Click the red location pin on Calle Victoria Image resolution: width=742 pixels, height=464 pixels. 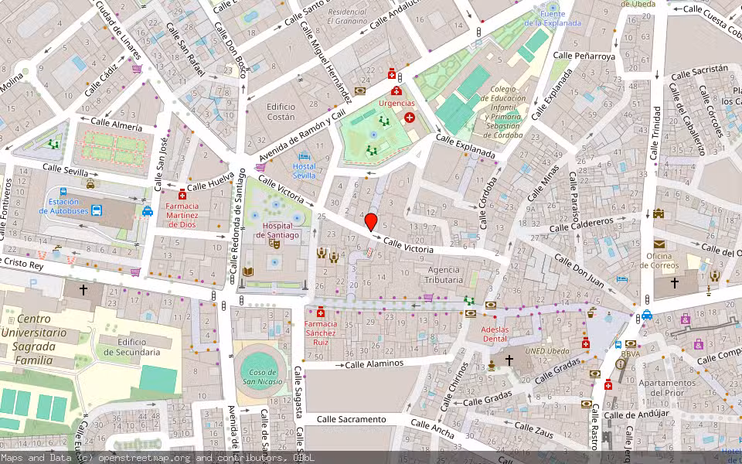click(371, 222)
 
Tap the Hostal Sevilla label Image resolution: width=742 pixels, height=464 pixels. click(304, 171)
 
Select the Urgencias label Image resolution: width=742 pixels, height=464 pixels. click(397, 103)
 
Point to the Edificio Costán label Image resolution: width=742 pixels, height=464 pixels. click(281, 111)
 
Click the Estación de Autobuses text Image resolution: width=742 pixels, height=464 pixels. click(64, 206)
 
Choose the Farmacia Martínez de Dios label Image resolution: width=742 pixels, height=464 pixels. click(182, 215)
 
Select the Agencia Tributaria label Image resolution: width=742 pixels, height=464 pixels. click(444, 275)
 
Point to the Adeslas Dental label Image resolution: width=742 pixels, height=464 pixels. click(495, 334)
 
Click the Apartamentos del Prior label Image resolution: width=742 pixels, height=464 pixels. click(663, 387)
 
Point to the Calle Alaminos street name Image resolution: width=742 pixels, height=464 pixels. click(374, 363)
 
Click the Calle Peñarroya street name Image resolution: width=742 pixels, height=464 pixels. click(584, 56)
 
